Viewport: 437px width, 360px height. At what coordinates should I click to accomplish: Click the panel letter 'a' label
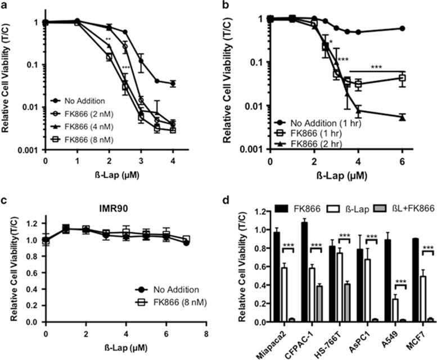(4, 5)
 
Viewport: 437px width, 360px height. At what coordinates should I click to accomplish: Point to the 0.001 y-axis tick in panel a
(29, 149)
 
